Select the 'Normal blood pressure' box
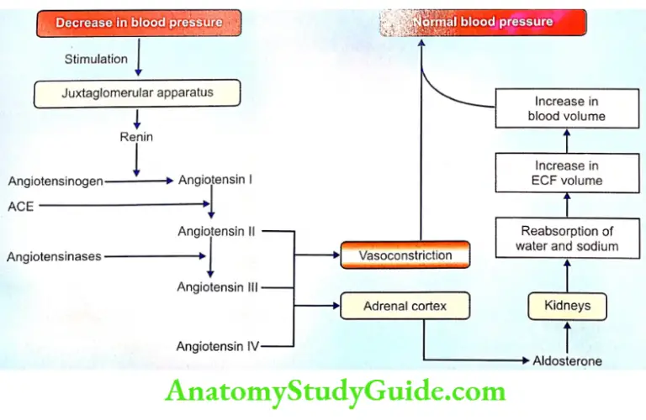483,22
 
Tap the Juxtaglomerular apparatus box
137,93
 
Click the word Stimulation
97,59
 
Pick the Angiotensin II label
217,231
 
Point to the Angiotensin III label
217,286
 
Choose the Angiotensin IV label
217,345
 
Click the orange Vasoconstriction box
405,255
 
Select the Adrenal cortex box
405,307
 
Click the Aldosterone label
568,361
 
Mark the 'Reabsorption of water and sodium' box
567,239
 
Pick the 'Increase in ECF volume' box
567,173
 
